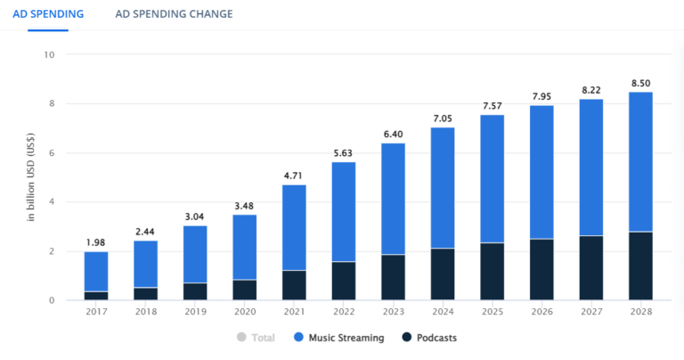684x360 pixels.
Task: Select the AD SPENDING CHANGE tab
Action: point(174,14)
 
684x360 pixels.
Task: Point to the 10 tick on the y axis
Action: point(49,54)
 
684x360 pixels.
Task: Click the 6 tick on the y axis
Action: point(51,153)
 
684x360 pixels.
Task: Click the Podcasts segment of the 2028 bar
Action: point(641,266)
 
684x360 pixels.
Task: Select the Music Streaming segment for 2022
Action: point(344,212)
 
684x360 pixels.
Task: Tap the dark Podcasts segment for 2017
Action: point(96,296)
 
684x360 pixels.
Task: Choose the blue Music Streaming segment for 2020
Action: point(245,247)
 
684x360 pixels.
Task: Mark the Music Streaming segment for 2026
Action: point(541,172)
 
